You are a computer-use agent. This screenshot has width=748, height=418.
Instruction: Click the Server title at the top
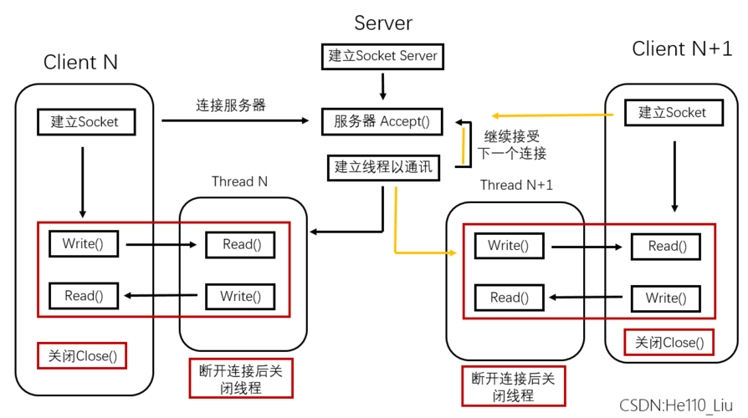pos(383,23)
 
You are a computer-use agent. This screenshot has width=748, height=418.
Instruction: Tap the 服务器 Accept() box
pos(382,121)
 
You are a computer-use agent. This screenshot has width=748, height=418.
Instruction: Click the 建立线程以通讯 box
pos(382,167)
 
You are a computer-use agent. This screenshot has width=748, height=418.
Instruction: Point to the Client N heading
pos(80,62)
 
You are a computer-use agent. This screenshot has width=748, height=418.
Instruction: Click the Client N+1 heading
pos(681,49)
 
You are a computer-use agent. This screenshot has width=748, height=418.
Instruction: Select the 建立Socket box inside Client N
pos(85,122)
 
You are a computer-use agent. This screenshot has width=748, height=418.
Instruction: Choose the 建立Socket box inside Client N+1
pos(672,113)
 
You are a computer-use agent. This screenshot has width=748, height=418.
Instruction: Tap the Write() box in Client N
pos(84,244)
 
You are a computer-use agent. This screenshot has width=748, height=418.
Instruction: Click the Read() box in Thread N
pos(242,244)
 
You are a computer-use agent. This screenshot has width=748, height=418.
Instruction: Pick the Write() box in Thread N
pos(240,296)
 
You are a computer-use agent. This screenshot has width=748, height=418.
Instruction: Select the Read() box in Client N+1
pos(666,246)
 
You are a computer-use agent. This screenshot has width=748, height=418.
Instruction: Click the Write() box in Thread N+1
pos(510,245)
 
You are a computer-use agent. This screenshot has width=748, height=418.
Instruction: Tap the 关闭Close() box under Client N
pos(82,356)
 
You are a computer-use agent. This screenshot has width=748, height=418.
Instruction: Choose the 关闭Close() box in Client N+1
pos(669,342)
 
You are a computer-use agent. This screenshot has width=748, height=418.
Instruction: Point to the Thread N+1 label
pos(516,185)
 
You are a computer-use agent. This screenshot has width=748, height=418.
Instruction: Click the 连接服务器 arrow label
pos(231,105)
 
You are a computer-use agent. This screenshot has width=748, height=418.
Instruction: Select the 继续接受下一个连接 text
pos(511,144)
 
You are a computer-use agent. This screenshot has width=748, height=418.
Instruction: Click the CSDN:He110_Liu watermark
pos(676,405)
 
